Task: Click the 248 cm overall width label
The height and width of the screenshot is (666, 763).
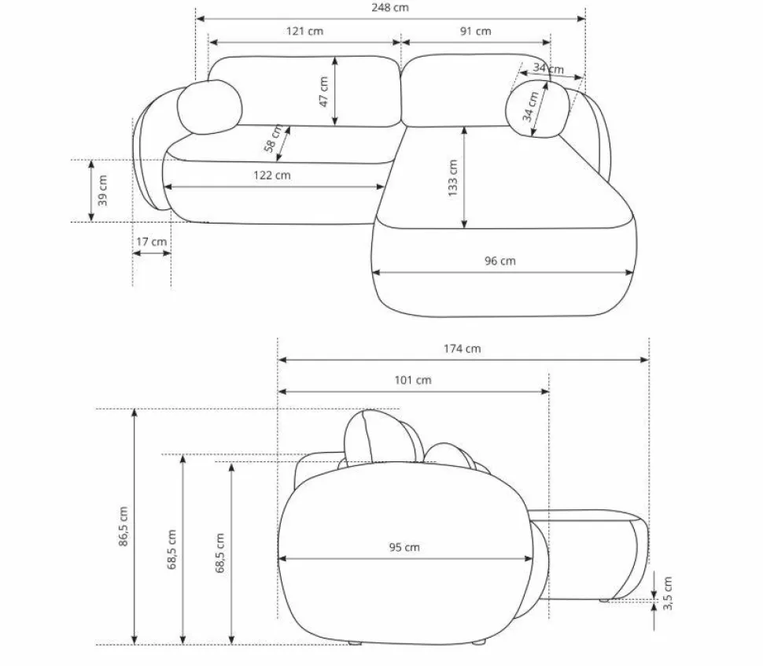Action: [390, 8]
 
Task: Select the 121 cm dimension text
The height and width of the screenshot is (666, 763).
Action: [304, 31]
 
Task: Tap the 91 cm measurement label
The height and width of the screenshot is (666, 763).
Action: [475, 31]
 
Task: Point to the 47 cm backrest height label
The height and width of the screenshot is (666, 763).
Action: [323, 91]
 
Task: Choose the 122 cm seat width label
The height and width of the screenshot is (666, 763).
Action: [271, 176]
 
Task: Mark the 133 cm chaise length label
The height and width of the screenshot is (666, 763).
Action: [452, 178]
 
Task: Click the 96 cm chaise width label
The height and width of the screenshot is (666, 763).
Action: [499, 261]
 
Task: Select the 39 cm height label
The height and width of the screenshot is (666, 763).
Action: [102, 191]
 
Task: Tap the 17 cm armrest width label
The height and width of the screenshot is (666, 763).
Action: [151, 242]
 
